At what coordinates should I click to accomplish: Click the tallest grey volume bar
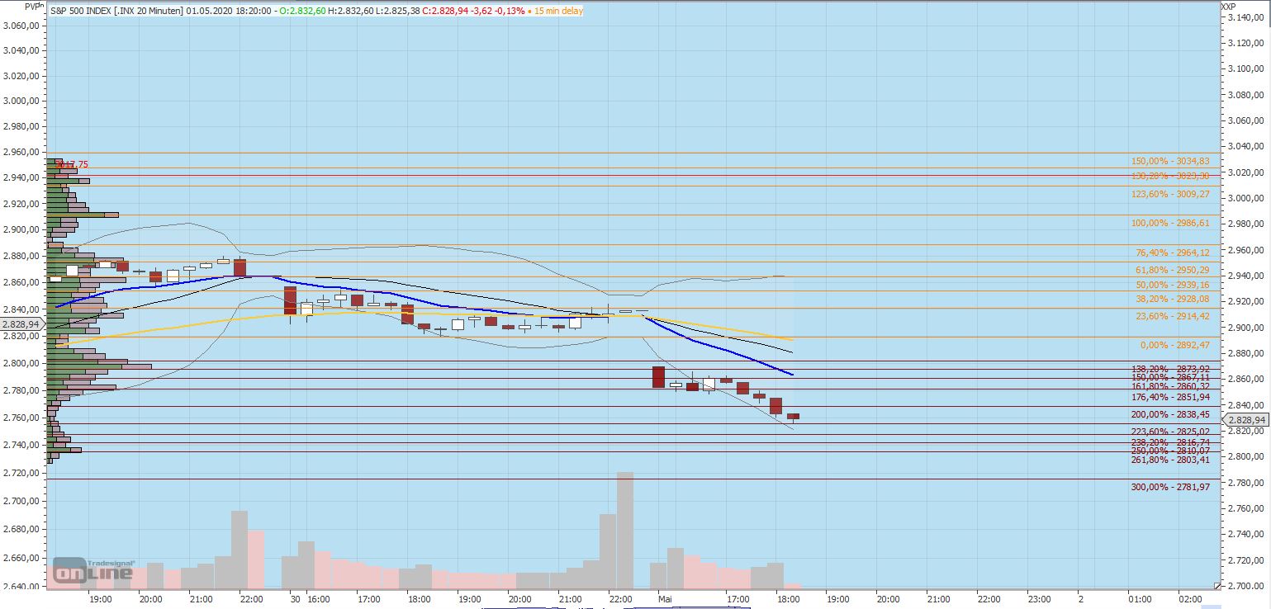click(x=625, y=528)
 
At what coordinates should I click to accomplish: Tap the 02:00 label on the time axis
click(x=1190, y=599)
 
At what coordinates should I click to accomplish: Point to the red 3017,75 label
click(x=72, y=165)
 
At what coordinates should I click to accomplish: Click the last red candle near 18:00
click(x=793, y=417)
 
